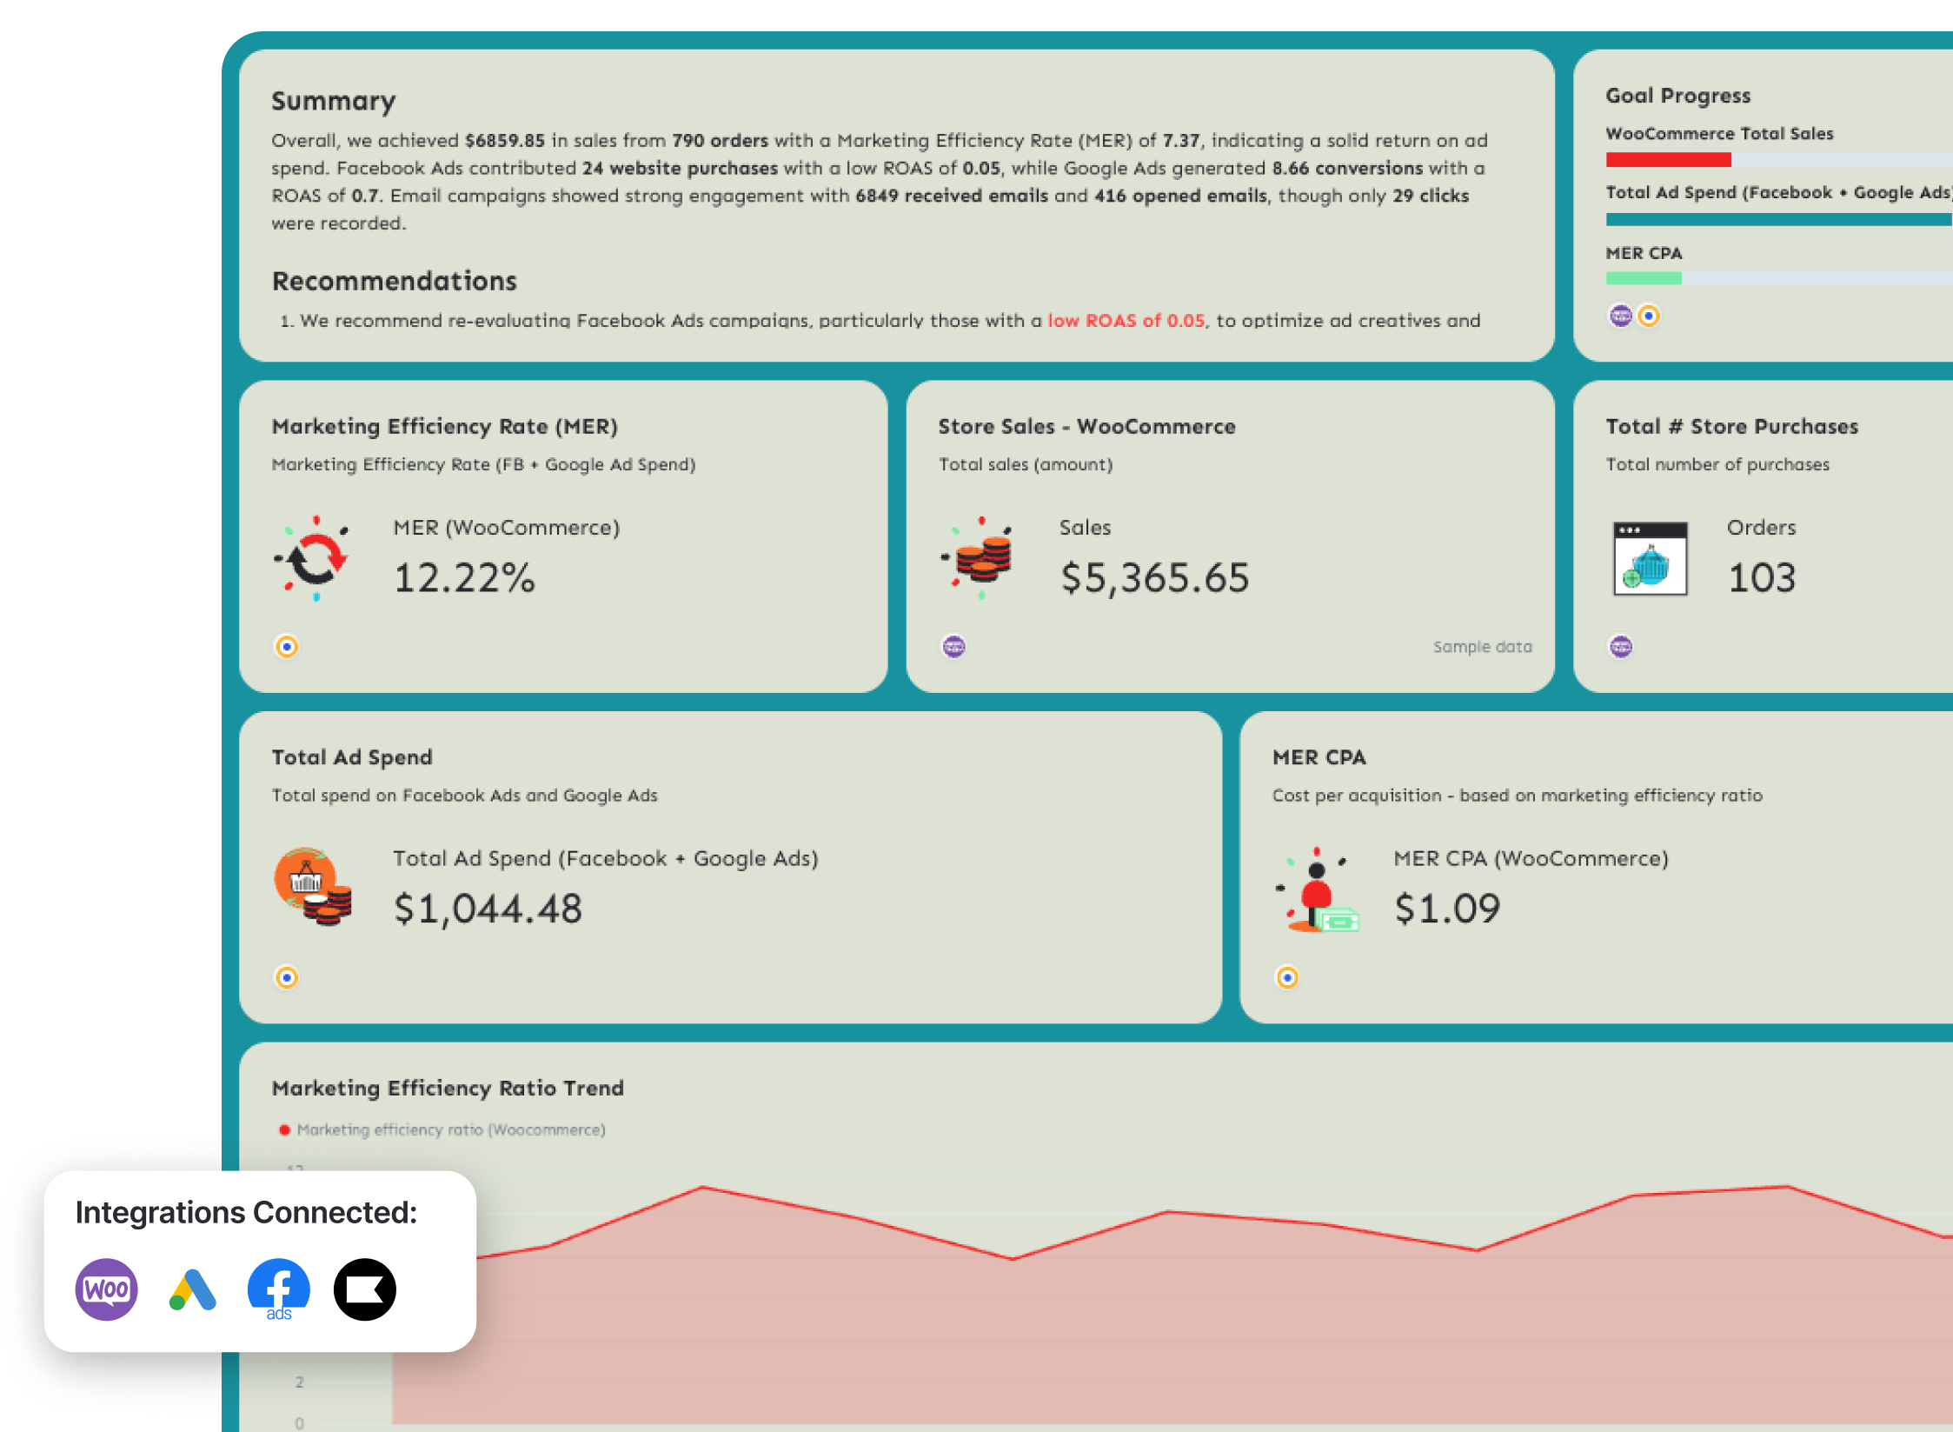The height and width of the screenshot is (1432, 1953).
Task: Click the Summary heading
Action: [333, 102]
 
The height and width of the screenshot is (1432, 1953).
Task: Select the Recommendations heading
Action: [394, 282]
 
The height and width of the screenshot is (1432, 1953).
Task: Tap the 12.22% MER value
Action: [464, 578]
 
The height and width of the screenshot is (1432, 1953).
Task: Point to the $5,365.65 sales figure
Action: [1154, 578]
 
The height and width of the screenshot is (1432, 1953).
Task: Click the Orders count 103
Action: [1761, 578]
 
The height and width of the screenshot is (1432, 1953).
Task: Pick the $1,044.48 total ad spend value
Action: [488, 909]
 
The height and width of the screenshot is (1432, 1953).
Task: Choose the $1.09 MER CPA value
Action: [1447, 909]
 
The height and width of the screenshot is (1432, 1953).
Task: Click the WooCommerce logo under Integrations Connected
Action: [107, 1289]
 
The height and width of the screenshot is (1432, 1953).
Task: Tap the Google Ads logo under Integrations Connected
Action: [192, 1289]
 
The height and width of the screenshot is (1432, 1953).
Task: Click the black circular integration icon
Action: [365, 1289]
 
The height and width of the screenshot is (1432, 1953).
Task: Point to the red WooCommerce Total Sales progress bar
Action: [1668, 160]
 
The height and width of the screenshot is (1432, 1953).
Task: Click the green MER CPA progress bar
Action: [1643, 278]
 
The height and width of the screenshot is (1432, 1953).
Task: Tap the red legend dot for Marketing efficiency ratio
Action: [284, 1130]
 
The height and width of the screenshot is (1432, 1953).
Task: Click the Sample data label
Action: [1482, 647]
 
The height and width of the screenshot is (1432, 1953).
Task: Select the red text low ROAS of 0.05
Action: [1126, 321]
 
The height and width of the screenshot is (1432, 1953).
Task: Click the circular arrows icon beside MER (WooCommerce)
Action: [315, 558]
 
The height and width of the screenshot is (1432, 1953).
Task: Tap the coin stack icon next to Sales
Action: [980, 558]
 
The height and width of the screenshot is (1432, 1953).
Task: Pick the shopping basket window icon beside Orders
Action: [1650, 558]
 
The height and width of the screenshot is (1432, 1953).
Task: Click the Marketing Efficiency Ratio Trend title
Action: [448, 1089]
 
